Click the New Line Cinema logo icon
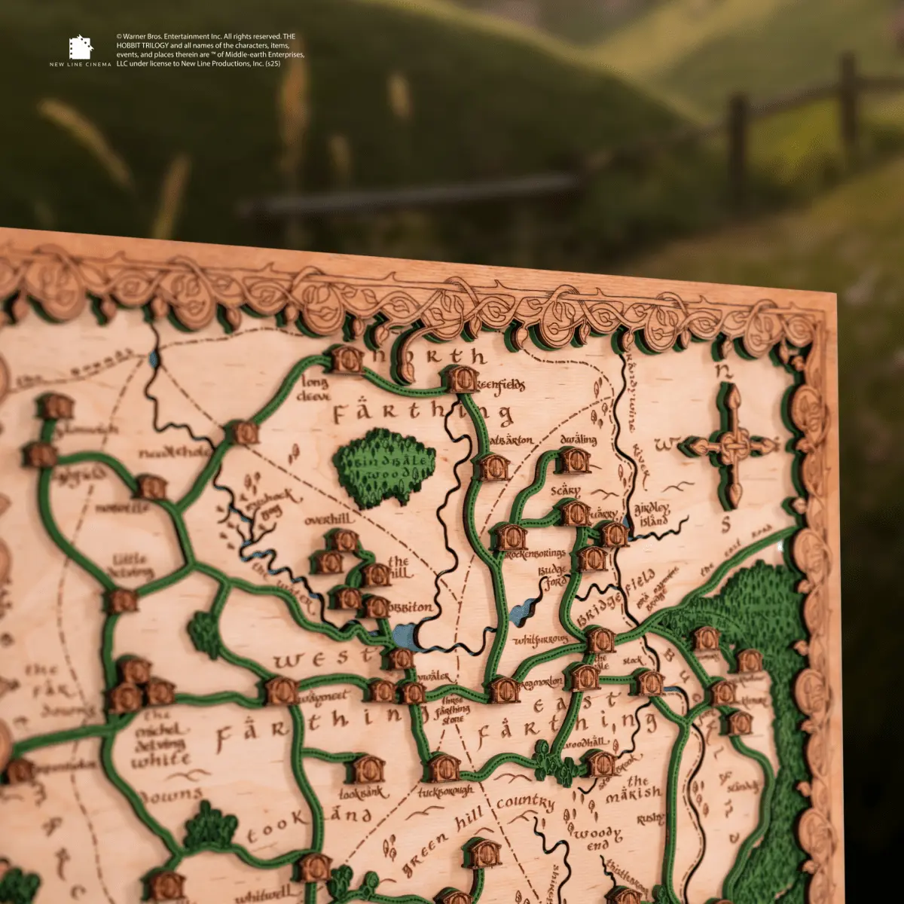coord(80,47)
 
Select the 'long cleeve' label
coord(315,389)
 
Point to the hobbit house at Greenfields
coord(462,379)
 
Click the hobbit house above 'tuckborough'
coord(444,768)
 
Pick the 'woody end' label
coord(595,836)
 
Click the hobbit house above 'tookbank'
coord(368,769)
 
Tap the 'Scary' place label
coord(565,490)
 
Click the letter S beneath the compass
coord(726,525)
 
